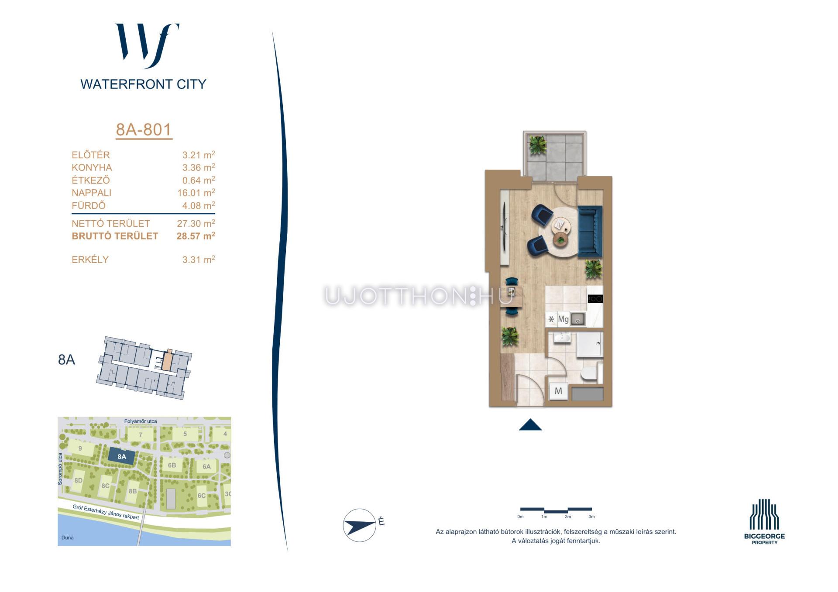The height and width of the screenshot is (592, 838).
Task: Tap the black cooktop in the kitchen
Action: coord(595,299)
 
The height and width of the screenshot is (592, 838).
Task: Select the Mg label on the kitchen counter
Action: coord(563,319)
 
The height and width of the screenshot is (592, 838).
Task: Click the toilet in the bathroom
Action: coord(591,373)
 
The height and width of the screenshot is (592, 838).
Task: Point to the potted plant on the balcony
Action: coord(537,144)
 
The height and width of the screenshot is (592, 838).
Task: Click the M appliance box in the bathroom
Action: coord(558,391)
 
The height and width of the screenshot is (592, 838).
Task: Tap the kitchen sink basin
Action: coord(577,319)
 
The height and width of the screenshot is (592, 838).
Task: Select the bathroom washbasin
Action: coord(562,338)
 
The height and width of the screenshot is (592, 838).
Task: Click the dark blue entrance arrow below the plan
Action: coord(530,424)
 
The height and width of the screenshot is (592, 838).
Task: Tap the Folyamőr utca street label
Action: coord(141,421)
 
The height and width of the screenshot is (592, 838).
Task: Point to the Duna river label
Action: coord(68,537)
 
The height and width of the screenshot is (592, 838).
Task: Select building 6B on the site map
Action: coord(172,465)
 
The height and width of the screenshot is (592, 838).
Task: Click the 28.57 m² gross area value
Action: coord(196,236)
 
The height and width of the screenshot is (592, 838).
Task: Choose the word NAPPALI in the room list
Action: coord(92,193)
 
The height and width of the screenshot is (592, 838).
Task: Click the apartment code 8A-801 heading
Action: coord(144,130)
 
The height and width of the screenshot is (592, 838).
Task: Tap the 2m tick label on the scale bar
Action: coord(568,517)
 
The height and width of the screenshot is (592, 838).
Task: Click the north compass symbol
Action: coord(360,525)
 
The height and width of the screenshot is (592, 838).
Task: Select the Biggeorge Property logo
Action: coord(764,522)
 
